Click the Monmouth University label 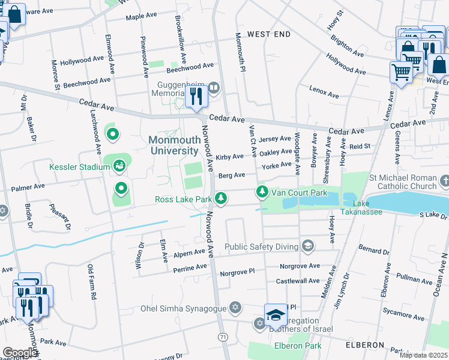[173, 145]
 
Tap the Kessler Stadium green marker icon [119, 165]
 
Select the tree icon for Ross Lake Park [221, 198]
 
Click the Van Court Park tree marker [262, 192]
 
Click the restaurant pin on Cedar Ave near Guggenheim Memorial [196, 96]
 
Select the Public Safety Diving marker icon [308, 245]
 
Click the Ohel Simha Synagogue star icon [235, 308]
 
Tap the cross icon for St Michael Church [444, 181]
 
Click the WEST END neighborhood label [268, 35]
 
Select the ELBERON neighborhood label [364, 345]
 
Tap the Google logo [20, 352]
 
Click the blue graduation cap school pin [276, 314]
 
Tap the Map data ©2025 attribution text [423, 355]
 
